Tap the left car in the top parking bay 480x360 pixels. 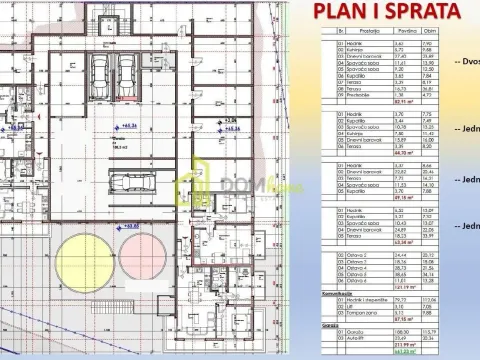click(100, 73)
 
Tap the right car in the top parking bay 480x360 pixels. click(127, 73)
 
